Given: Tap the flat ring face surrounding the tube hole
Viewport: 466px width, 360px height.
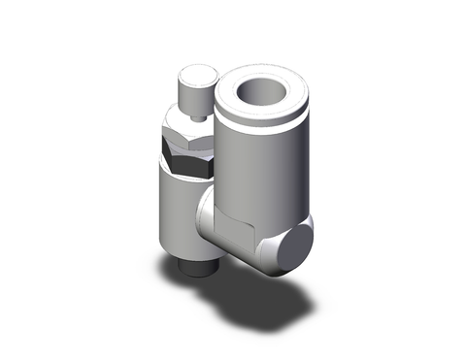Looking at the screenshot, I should pos(233,96).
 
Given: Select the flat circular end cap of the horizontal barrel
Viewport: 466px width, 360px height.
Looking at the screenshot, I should pos(294,243).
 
